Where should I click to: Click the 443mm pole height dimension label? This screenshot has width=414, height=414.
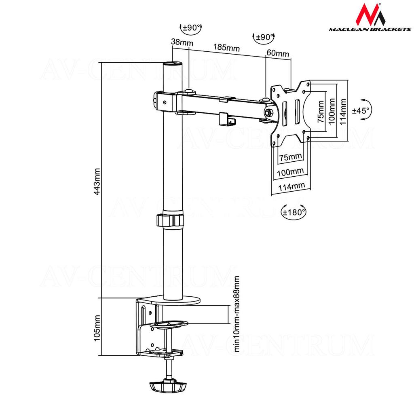click(97, 182)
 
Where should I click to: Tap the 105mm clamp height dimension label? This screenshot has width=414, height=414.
click(97, 327)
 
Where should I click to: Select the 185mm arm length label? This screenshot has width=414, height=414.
click(226, 47)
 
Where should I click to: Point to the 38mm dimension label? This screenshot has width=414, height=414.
click(182, 42)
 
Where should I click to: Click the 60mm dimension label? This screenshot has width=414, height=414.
click(278, 53)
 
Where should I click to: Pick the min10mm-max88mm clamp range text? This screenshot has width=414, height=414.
click(237, 314)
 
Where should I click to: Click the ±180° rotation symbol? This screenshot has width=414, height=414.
click(294, 211)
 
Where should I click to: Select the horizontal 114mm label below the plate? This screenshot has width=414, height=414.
click(291, 187)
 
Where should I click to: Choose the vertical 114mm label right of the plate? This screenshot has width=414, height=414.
click(343, 112)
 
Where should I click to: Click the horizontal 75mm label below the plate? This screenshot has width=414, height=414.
click(290, 157)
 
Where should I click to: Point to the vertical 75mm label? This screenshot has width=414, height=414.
click(321, 112)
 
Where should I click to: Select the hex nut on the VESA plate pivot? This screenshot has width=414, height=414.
click(269, 112)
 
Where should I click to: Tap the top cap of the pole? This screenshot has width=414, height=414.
click(173, 64)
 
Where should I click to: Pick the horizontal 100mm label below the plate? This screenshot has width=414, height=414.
click(290, 172)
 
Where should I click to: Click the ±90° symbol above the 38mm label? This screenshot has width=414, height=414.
click(191, 28)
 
